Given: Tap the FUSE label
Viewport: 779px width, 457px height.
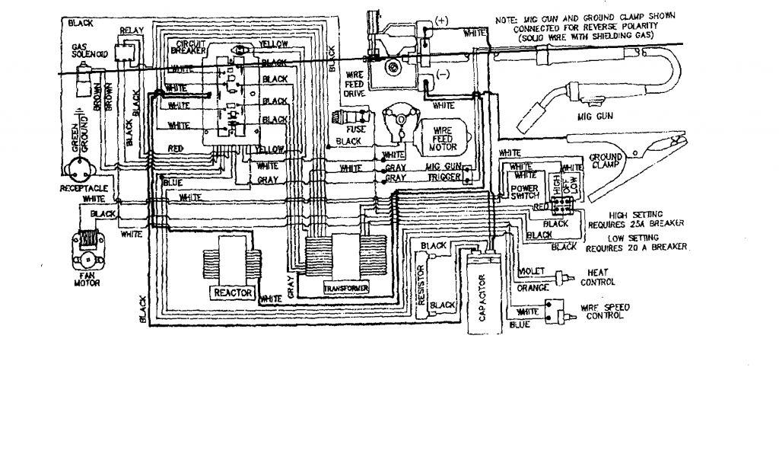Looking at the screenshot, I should click(x=347, y=130).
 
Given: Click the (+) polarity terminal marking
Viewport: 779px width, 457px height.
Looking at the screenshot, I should click(x=444, y=18).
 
